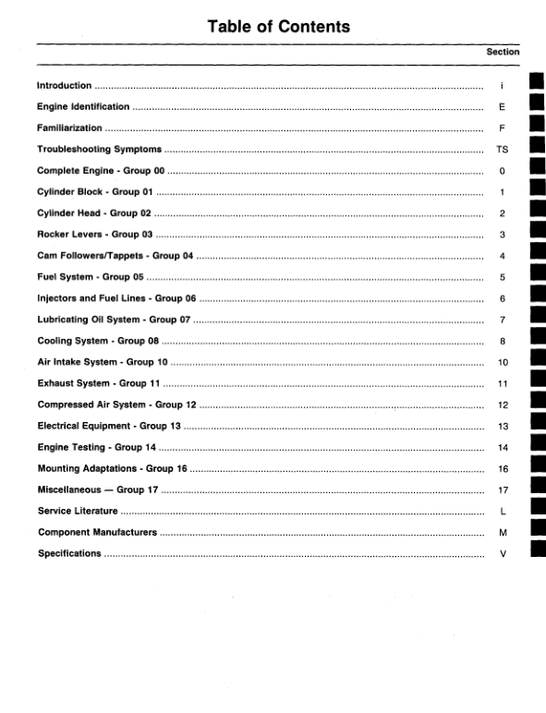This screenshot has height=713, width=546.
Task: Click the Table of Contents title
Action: point(279,27)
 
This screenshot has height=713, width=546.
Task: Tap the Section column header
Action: point(503,53)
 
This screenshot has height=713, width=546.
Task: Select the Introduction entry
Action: point(64,86)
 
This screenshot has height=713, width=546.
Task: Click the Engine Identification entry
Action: point(83,107)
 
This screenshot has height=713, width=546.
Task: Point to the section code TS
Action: point(502,150)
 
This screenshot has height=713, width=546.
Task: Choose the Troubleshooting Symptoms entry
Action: point(99,150)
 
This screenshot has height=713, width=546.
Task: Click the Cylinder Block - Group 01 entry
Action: point(93,192)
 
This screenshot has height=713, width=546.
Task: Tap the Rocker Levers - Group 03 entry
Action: point(94,235)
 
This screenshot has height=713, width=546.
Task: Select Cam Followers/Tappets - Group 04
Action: point(115,256)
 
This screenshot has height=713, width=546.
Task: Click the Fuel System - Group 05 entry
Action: point(91,277)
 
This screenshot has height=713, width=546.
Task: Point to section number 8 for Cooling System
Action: point(502,341)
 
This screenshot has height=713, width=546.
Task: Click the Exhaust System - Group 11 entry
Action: point(98,383)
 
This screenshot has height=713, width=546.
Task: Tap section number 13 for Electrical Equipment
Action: point(503,427)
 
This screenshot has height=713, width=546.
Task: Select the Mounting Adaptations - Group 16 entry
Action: point(112,469)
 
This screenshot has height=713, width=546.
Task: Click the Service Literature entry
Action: point(78,512)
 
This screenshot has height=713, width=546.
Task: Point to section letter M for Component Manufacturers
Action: point(502,533)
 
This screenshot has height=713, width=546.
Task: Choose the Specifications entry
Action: point(69,554)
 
